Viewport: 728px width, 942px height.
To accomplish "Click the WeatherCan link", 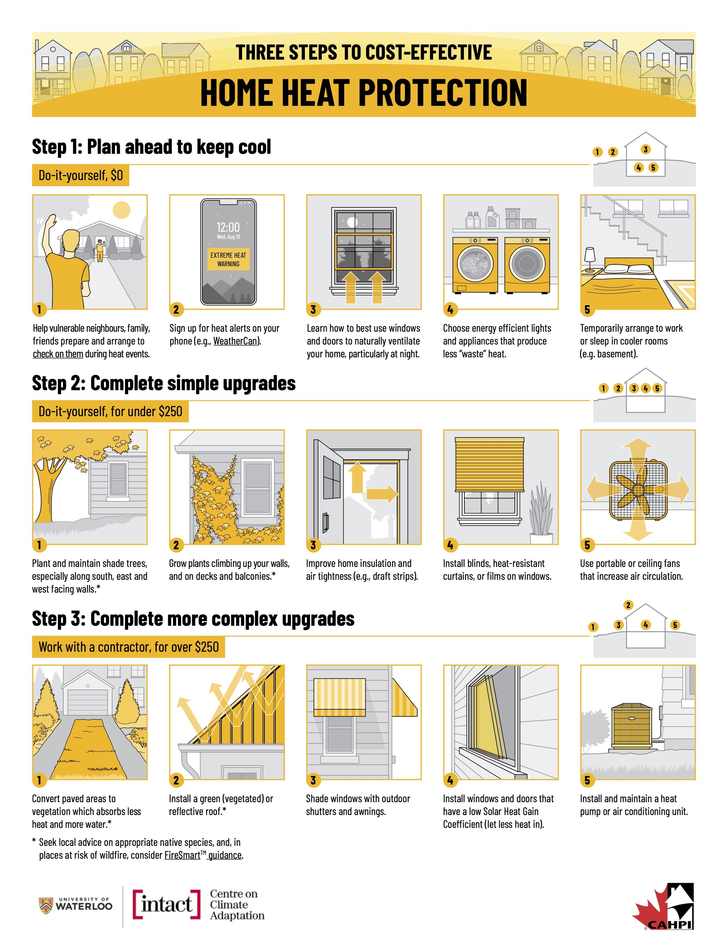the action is tap(236, 341).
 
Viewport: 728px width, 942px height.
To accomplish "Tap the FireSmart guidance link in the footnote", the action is tap(203, 855).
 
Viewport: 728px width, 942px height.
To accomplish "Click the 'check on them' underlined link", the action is tap(58, 354).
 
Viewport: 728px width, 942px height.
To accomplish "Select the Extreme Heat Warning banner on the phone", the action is tap(228, 259).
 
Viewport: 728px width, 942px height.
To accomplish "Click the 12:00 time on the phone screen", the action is tap(228, 227).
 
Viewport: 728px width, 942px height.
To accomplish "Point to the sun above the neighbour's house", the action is tap(121, 210).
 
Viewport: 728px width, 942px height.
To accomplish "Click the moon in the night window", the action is tap(353, 222).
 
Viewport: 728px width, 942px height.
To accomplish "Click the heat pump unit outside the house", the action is tap(632, 726).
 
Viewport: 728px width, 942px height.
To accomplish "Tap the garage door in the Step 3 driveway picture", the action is tap(88, 702).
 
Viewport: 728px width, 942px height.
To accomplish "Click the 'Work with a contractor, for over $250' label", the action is tap(128, 647).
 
